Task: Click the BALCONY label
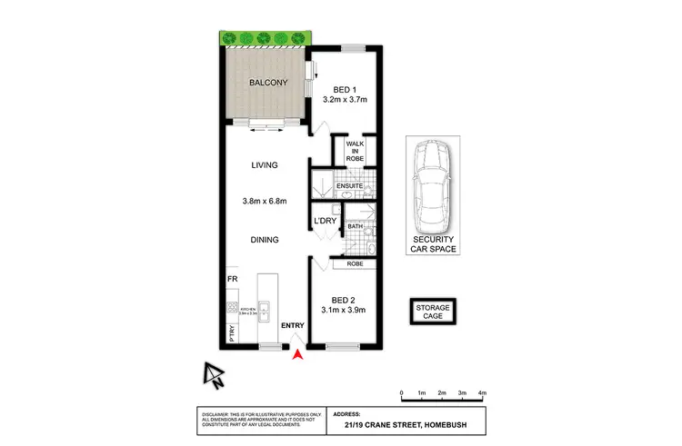[x=268, y=83]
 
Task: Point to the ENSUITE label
[x=350, y=186]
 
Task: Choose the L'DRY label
[x=326, y=221]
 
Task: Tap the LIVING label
[x=265, y=165]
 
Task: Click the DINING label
[x=265, y=240]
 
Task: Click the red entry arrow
[x=296, y=353]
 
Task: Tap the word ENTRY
[x=293, y=325]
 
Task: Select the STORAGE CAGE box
[x=433, y=312]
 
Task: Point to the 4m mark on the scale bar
[x=482, y=392]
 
